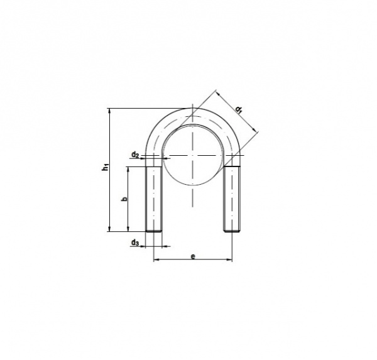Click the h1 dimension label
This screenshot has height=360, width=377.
click(106, 167)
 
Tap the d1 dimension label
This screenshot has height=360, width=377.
click(239, 111)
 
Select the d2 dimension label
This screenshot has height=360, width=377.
click(135, 155)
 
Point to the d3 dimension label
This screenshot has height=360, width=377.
click(135, 243)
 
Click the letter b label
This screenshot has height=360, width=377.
click(124, 199)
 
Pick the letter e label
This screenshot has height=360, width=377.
click(193, 256)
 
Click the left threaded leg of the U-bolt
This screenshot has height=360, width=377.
click(154, 199)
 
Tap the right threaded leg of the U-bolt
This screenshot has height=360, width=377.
click(232, 199)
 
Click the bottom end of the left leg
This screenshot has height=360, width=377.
click(154, 231)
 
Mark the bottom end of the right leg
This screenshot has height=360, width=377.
click(232, 231)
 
